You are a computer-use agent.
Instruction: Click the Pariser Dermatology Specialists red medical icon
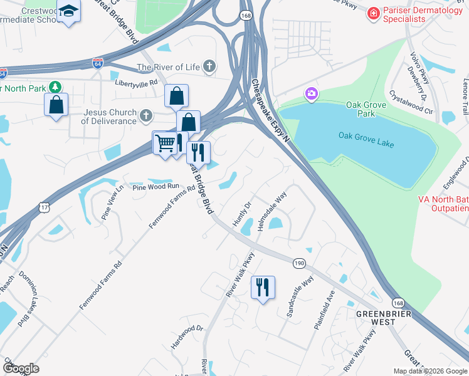[374, 13]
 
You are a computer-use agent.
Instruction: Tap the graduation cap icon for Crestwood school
[70, 12]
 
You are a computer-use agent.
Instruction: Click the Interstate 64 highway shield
[97, 63]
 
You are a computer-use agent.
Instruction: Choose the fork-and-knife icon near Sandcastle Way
[262, 287]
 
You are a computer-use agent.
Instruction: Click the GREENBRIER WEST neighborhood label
[376, 317]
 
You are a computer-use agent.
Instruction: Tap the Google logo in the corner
[21, 368]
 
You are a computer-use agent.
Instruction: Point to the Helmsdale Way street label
[271, 212]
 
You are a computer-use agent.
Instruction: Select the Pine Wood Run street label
[155, 187]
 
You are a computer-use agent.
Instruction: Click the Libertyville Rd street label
[136, 82]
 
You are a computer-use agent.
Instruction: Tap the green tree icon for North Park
[56, 86]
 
